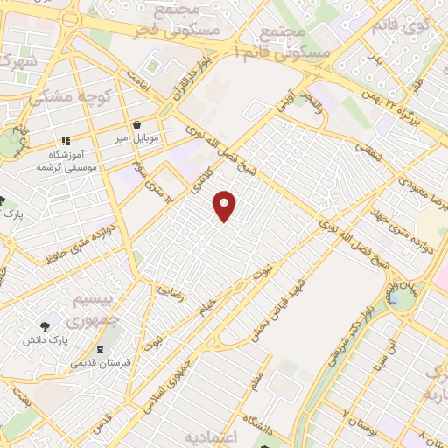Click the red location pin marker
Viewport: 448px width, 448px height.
[226, 206]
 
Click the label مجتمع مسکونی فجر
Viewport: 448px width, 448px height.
[171, 19]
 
